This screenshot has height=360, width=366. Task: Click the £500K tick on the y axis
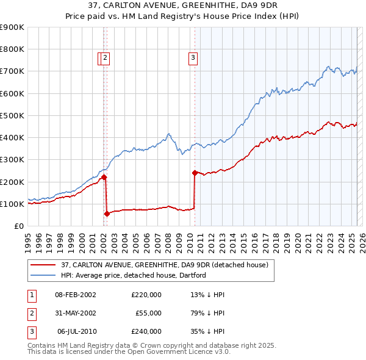pyautogui.click(x=12, y=115)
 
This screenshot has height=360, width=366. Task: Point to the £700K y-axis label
pyautogui.click(x=12, y=71)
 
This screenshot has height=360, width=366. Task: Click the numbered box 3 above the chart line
pyautogui.click(x=193, y=58)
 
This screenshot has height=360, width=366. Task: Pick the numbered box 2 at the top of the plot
pyautogui.click(x=106, y=58)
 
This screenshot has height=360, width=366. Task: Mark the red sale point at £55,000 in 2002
pyautogui.click(x=107, y=214)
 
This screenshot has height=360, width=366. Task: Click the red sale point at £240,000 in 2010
pyautogui.click(x=195, y=173)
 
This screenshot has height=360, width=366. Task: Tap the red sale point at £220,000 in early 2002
pyautogui.click(x=104, y=177)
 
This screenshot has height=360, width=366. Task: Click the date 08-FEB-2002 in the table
pyautogui.click(x=76, y=295)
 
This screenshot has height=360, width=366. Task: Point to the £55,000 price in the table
pyautogui.click(x=148, y=313)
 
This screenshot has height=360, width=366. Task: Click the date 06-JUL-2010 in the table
pyautogui.click(x=76, y=331)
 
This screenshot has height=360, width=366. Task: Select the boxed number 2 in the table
pyautogui.click(x=31, y=313)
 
